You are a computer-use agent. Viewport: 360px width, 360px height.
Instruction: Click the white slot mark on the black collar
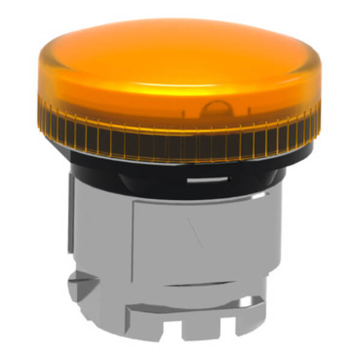pos(207,178)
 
